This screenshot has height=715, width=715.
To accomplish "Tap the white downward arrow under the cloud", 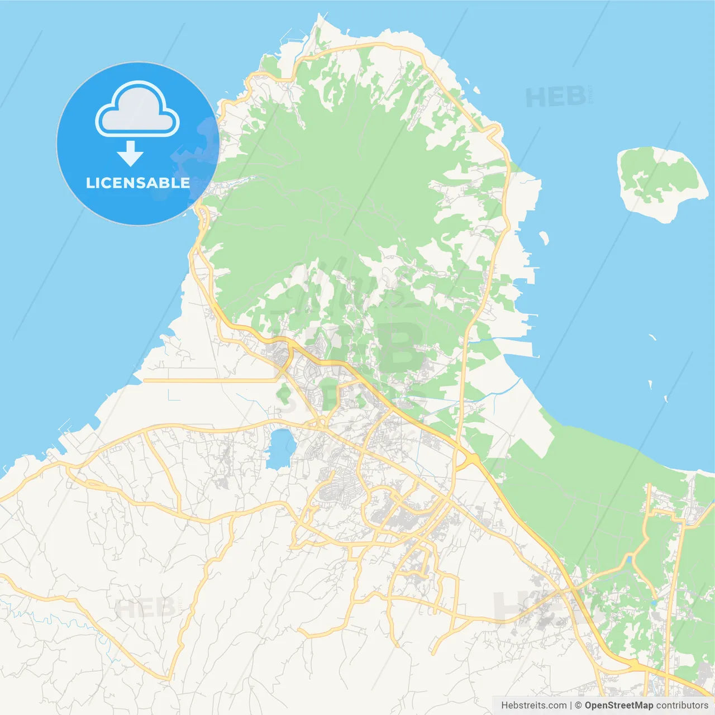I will point(130,154).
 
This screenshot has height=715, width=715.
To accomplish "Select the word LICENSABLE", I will point(137,183).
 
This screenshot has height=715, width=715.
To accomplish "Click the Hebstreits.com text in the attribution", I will point(534,706).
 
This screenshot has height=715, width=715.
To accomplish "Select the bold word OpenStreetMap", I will point(619,706).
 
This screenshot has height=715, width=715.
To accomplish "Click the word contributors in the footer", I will point(682,706).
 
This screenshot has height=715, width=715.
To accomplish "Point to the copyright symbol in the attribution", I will point(579,706).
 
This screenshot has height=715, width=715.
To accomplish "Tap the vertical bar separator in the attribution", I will point(571,706).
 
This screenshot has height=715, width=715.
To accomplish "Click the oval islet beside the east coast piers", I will point(544,239).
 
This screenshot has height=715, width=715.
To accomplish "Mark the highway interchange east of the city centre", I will point(471,459).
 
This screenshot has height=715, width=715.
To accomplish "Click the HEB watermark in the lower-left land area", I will point(145,608).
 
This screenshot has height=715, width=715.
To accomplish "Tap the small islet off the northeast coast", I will point(476,89).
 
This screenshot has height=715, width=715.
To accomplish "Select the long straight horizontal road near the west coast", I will point(211,380).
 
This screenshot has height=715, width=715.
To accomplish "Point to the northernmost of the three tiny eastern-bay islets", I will point(652,337).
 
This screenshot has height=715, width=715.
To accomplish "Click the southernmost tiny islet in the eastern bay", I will point(666,399).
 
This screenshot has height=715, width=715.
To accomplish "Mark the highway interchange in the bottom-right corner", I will point(634,665).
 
